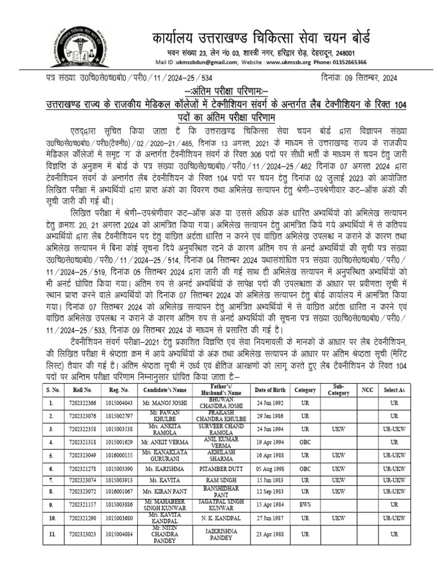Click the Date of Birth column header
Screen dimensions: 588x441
click(269, 390)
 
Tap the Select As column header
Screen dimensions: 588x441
click(394, 390)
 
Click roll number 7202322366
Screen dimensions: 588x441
click(81, 403)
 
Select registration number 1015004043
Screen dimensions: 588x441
click(119, 403)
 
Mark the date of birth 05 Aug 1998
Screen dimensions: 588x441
click(269, 469)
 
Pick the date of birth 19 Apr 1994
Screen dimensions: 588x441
click(269, 442)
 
